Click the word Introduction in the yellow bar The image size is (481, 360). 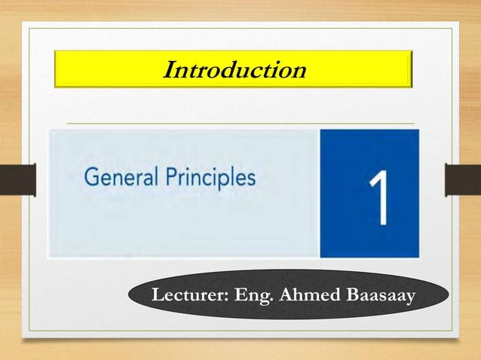(x=234, y=70)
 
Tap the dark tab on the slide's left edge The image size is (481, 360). (x=16, y=181)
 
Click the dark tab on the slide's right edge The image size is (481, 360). (x=463, y=181)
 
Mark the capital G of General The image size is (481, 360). (x=91, y=179)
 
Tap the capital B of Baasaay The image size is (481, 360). (x=352, y=296)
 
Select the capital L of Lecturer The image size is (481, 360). (x=157, y=296)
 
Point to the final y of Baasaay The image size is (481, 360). (x=410, y=299)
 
